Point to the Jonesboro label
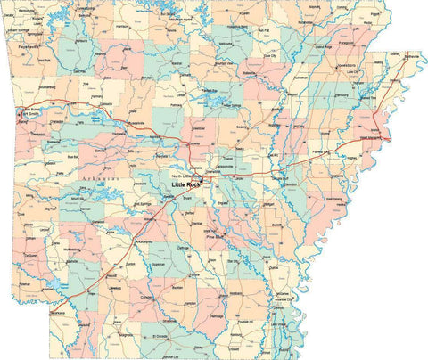pos(345,90)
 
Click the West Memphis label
pos(374,138)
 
